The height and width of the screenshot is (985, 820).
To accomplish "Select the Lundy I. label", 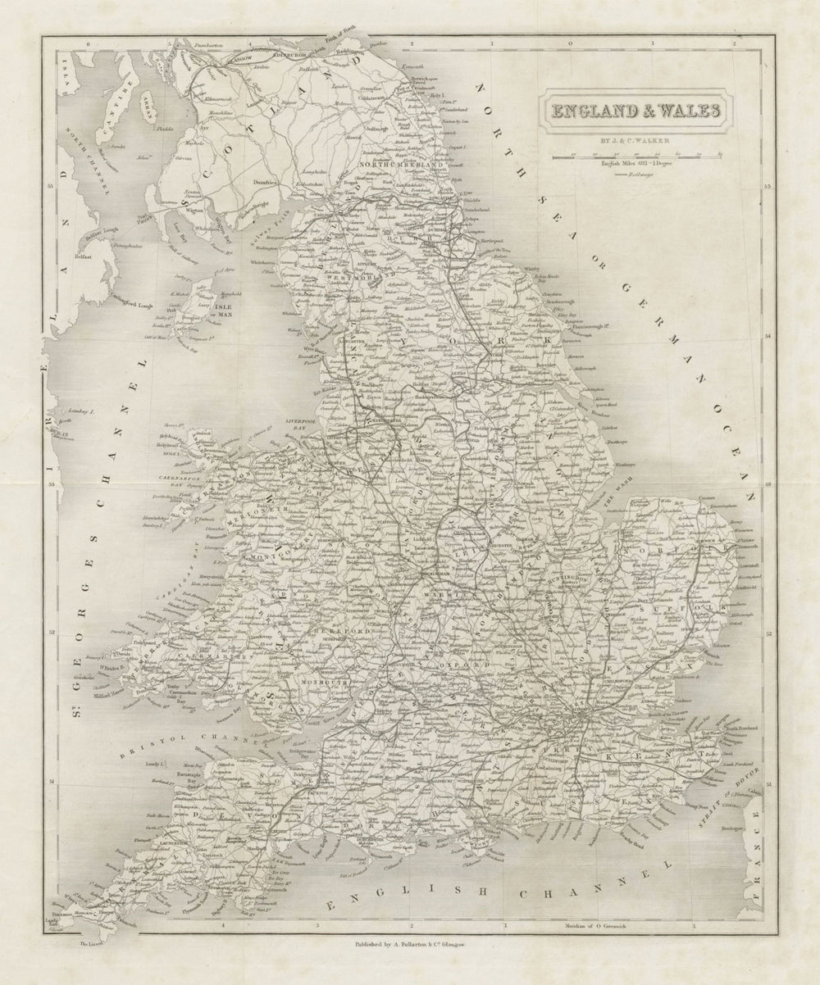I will [156, 762].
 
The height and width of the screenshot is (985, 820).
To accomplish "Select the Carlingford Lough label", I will [131, 303].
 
